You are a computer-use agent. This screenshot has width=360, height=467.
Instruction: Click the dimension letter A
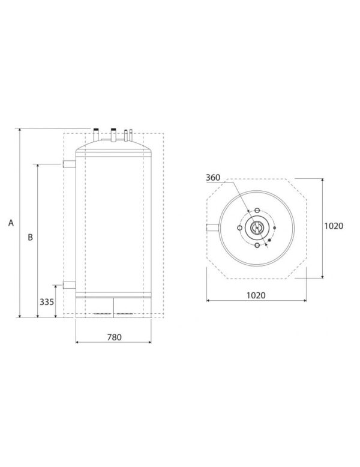(x=11, y=223)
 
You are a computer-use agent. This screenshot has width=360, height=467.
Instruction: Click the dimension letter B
(x=31, y=237)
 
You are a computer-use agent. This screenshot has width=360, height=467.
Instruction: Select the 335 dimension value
(x=47, y=302)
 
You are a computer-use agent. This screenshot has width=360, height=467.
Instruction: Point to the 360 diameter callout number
(x=213, y=178)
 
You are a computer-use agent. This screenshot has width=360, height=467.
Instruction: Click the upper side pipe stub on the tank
(x=68, y=164)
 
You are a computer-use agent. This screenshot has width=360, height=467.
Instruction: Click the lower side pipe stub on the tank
(x=68, y=285)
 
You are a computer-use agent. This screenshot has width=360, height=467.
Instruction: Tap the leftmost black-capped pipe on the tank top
(x=96, y=131)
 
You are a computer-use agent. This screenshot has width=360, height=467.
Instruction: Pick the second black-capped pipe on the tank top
(x=112, y=131)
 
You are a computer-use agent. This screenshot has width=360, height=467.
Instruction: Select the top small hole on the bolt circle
(x=257, y=211)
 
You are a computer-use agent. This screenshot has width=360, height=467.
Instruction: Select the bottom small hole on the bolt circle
(x=257, y=246)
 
